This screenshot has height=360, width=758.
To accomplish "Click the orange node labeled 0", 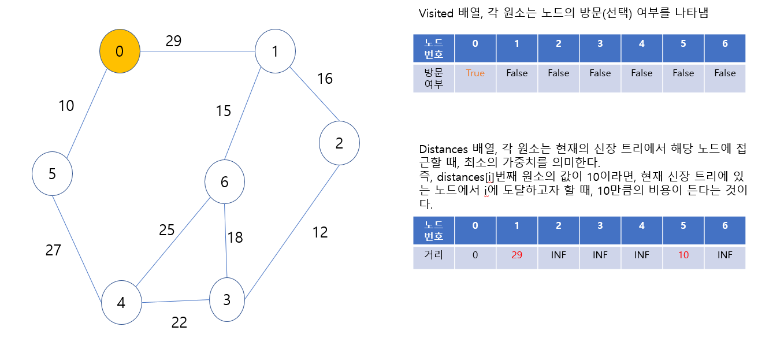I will pos(120,51).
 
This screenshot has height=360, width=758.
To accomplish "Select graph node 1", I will pos(276,51).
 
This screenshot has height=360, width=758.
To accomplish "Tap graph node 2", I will pos(339,143).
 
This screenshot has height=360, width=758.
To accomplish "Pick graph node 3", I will pos(227,299).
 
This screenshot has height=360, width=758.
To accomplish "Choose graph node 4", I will pos(121,303).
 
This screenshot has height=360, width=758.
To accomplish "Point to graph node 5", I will pos(52,173).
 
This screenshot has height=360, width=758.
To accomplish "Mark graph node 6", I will pos(225,182).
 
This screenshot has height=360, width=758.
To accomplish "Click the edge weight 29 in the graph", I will pos(173,41).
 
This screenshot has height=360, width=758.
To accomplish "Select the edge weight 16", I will pos(325,79).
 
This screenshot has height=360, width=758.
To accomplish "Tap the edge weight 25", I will pos(166,230).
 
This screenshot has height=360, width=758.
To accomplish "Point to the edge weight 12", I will pos(319,232).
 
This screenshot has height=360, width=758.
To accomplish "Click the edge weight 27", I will pos(53,250).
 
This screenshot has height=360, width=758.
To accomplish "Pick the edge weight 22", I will pos(179,322).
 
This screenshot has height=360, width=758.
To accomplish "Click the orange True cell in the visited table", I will pos(475,73).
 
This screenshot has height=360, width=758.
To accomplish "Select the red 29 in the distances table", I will pos(517,255).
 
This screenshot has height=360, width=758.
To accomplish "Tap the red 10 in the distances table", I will pos(683,255).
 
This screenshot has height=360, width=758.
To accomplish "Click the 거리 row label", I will pos(433,255).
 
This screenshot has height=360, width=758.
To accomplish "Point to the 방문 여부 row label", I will pos(433,78).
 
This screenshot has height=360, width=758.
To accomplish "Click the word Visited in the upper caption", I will pos(436,13).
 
